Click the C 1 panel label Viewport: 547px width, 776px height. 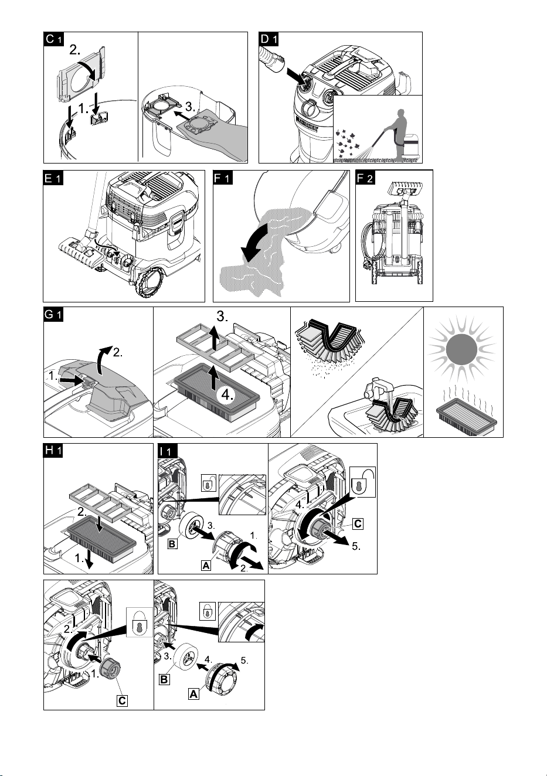click(54, 39)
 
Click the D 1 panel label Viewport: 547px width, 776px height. click(269, 39)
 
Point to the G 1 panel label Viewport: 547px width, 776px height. click(53, 314)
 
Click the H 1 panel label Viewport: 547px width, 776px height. click(53, 451)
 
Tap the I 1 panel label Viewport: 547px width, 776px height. click(168, 451)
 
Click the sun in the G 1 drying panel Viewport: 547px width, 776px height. click(461, 349)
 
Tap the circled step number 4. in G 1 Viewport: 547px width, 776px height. click(227, 395)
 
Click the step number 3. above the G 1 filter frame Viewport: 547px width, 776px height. click(222, 316)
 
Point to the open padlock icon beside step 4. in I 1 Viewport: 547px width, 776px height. click(362, 482)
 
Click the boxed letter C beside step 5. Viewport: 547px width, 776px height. click(358, 523)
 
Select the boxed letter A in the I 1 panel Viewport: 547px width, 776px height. click(206, 566)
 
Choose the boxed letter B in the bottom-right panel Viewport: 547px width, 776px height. click(164, 679)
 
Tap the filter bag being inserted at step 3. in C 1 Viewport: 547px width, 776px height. click(212, 135)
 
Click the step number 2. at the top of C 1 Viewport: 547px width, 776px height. click(75, 50)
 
